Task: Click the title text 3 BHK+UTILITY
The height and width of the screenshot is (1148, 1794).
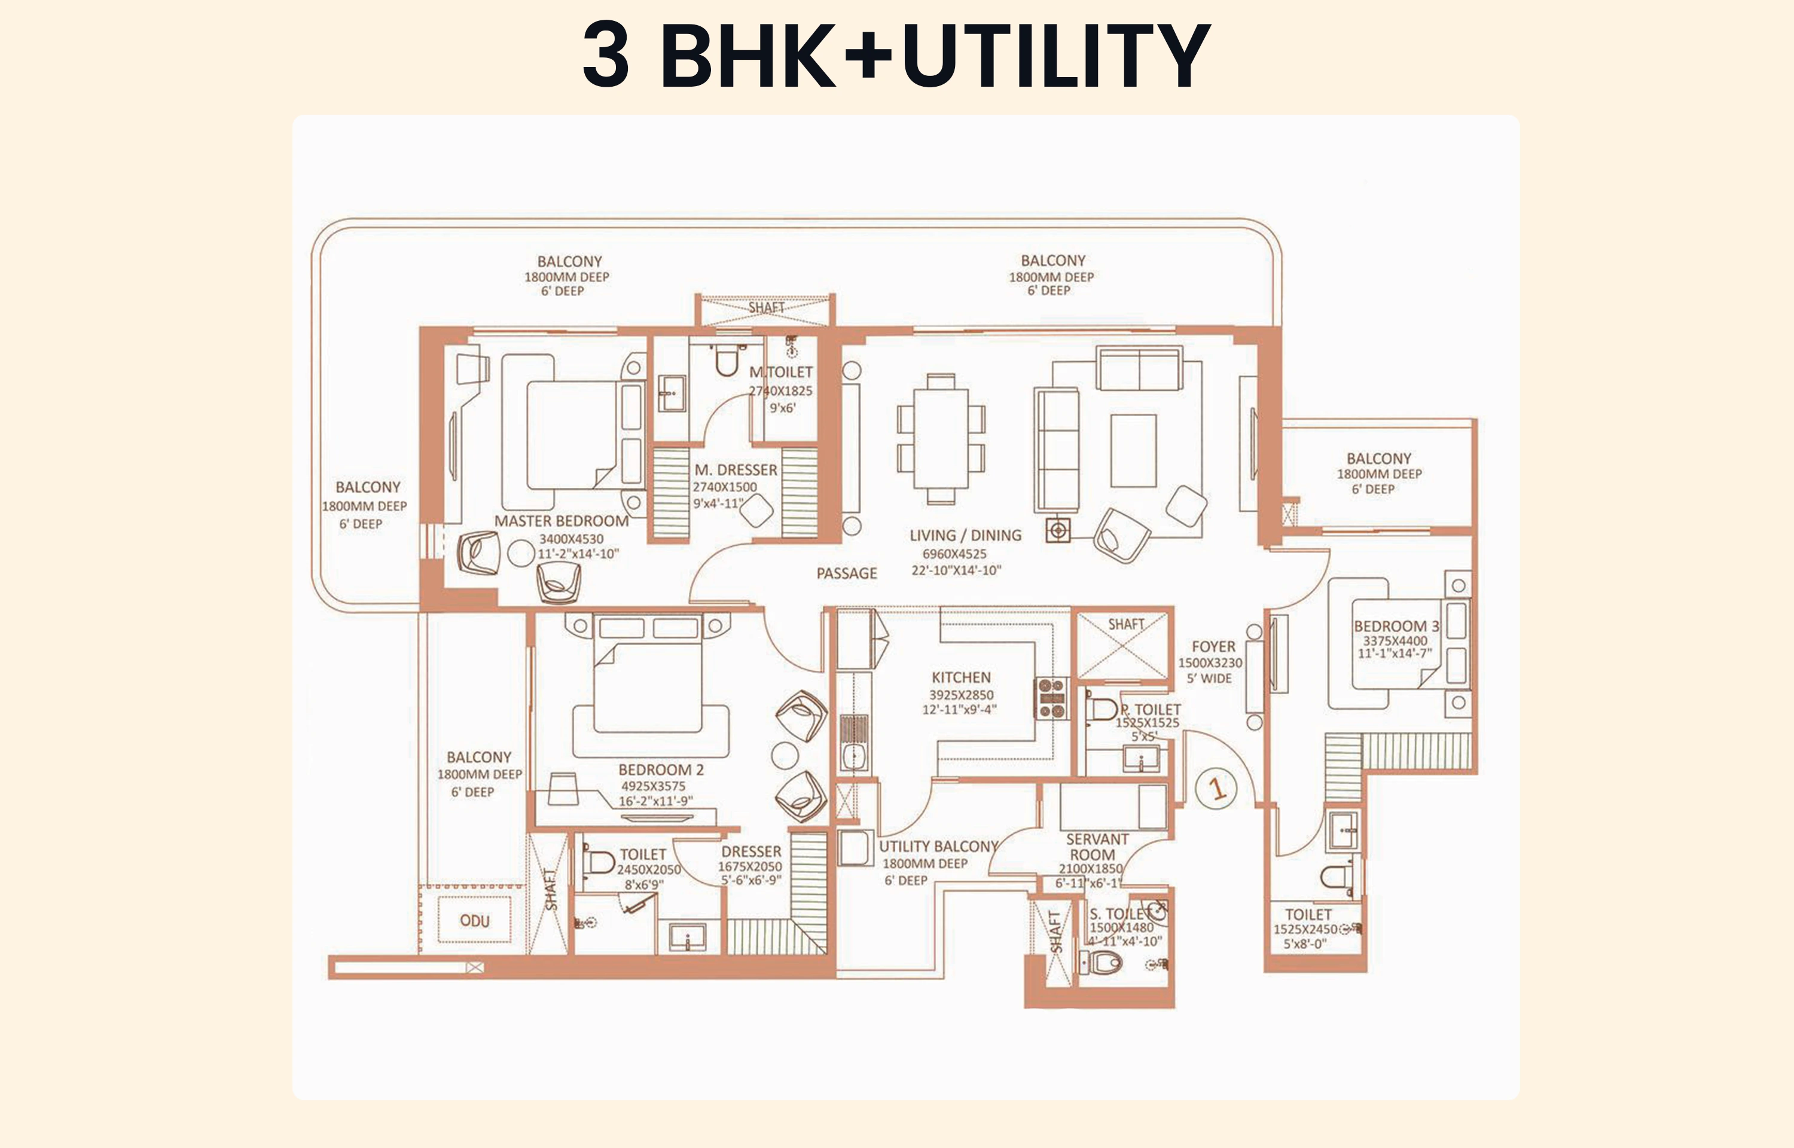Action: [896, 55]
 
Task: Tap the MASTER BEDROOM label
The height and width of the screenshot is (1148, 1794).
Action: [562, 521]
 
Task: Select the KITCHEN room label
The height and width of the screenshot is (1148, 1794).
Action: [961, 677]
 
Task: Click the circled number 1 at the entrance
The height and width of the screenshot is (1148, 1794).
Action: [1216, 788]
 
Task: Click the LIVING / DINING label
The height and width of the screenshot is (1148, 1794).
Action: [965, 535]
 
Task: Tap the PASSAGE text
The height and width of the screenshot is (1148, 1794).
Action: [847, 573]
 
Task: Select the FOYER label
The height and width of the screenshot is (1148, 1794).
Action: [1213, 646]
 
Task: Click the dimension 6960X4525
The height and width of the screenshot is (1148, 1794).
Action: [954, 554]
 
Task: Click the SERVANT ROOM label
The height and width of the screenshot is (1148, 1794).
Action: [1096, 847]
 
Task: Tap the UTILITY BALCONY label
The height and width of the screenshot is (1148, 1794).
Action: [938, 846]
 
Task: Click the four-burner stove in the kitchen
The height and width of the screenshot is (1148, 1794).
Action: [1051, 698]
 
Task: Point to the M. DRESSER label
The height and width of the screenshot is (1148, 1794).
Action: [736, 469]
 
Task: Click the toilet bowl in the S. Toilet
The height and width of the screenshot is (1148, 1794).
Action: [1103, 963]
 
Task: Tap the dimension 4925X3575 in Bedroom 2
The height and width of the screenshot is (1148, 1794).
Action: [653, 786]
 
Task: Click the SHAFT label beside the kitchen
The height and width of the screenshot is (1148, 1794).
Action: [1125, 624]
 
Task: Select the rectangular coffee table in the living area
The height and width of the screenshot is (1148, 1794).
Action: [1133, 450]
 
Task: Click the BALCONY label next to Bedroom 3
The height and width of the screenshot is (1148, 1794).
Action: [1378, 459]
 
